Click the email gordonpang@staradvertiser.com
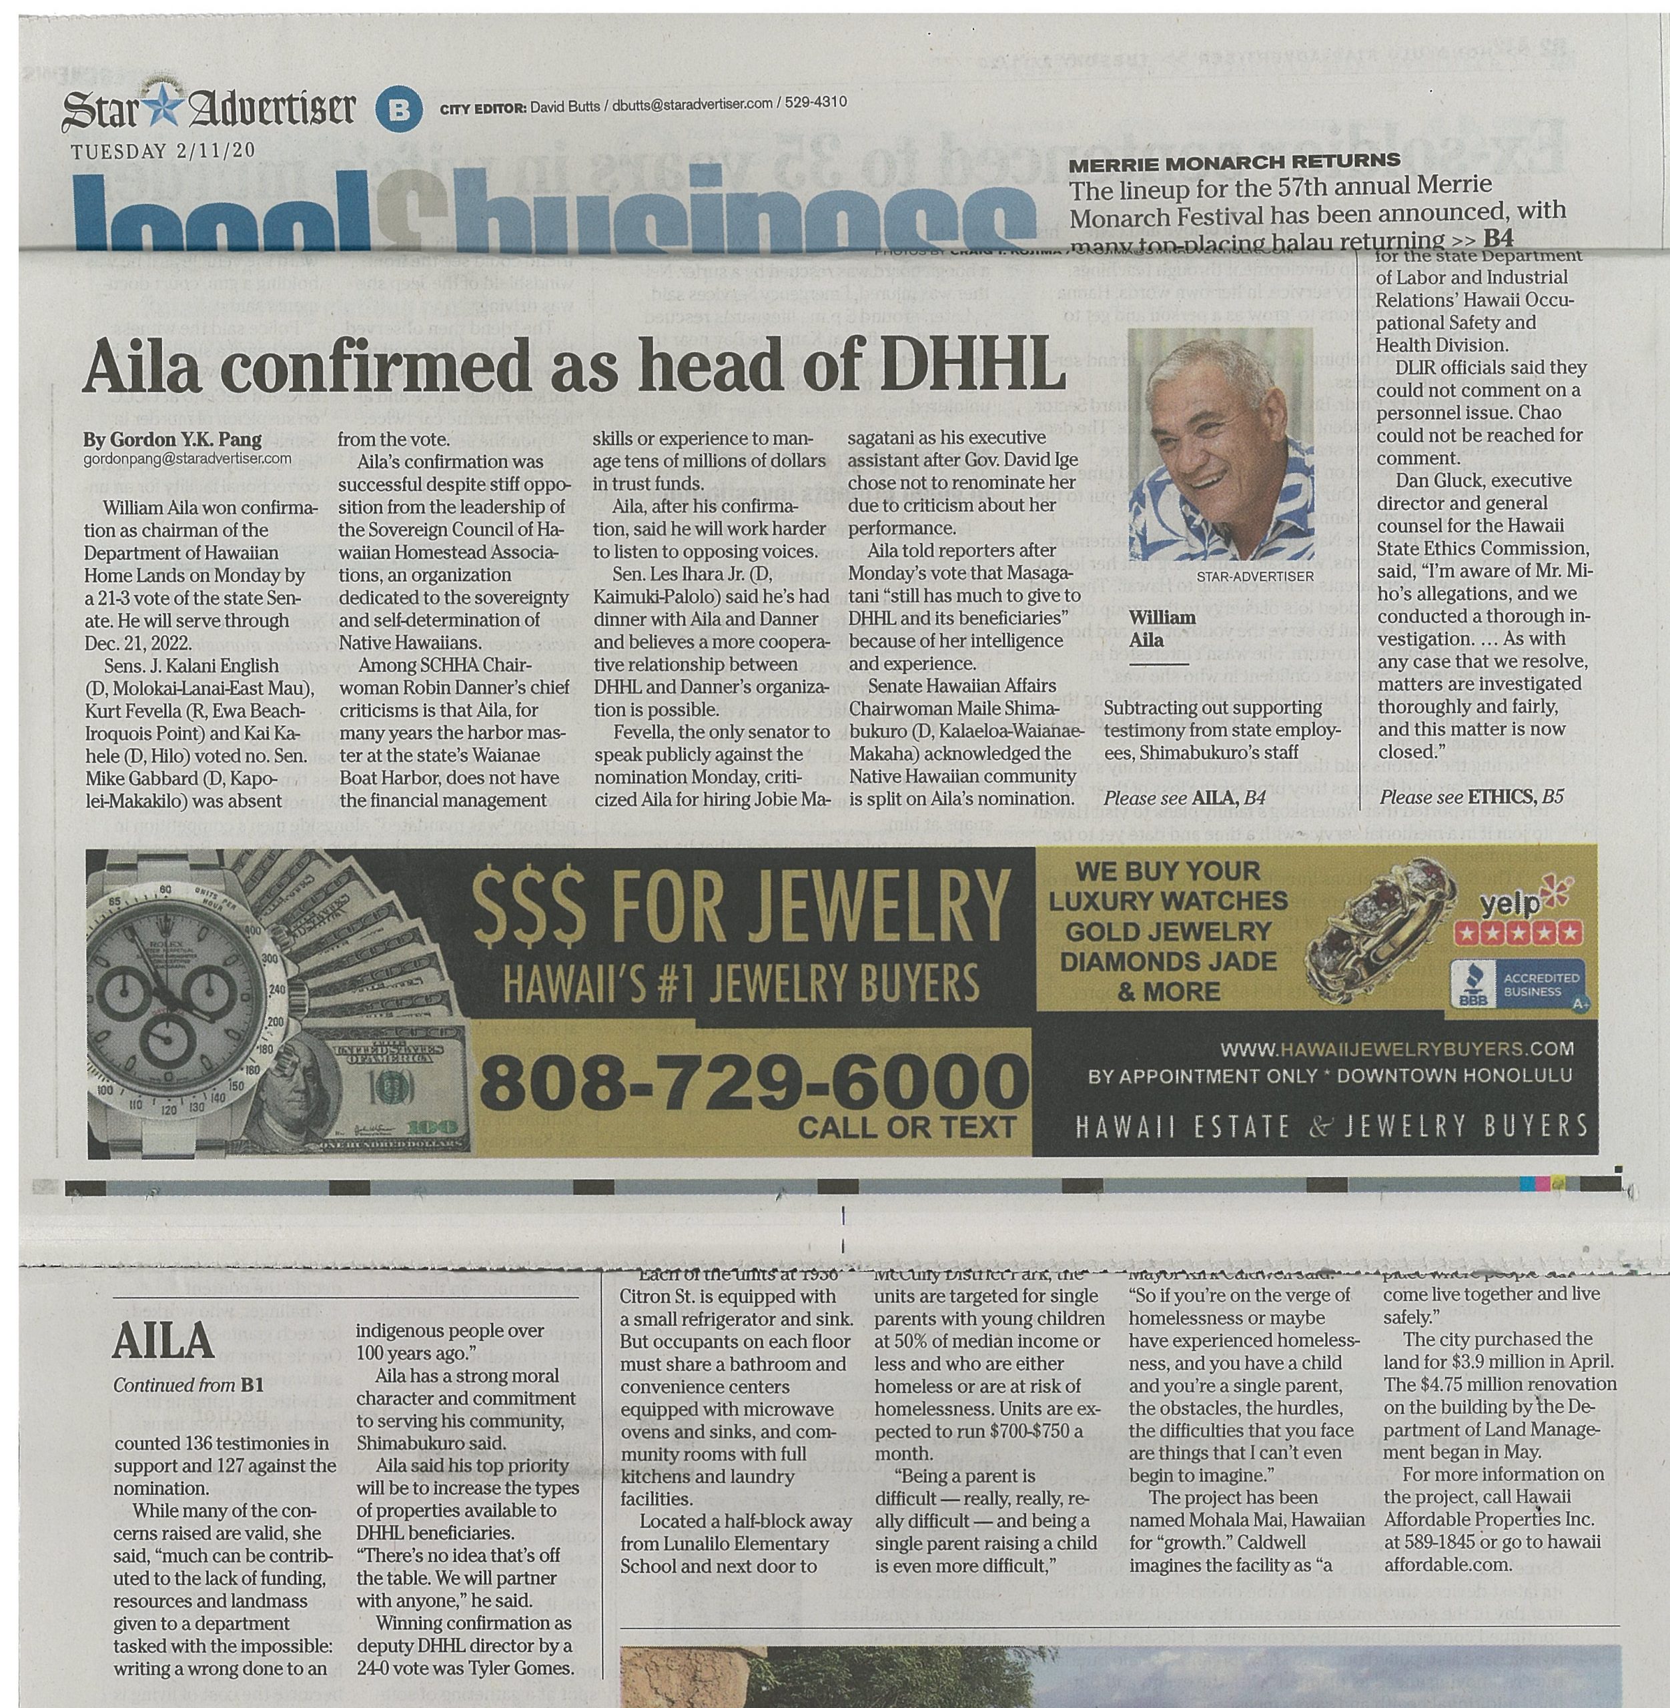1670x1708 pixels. (x=187, y=458)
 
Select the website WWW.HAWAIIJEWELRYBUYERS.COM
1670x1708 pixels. (x=1397, y=1048)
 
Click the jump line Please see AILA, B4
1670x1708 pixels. (x=1184, y=797)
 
